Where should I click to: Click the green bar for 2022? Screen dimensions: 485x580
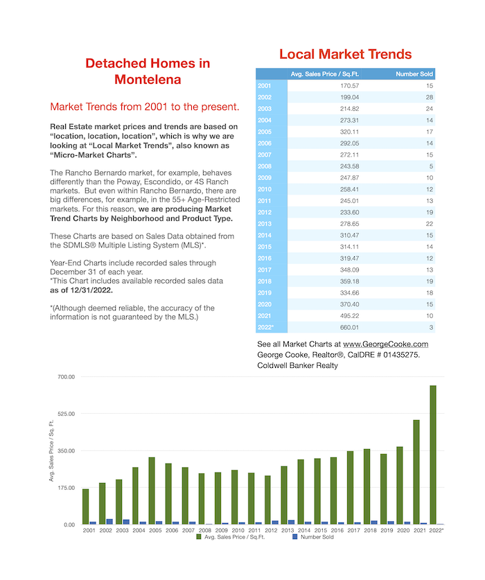[433, 455]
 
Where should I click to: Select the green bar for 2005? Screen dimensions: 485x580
[152, 491]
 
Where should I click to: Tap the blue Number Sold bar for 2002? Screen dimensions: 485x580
[109, 522]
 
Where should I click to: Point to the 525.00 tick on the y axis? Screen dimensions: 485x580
[67, 414]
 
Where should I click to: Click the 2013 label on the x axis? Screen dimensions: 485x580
[288, 530]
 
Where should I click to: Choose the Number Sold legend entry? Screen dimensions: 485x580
[313, 537]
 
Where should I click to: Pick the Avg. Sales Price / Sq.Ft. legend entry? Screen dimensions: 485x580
[231, 537]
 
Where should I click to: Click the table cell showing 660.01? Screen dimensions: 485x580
[350, 327]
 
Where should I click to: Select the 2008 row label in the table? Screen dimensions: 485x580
[265, 166]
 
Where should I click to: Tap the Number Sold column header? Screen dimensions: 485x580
[414, 74]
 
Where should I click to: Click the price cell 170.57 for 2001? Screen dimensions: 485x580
[350, 86]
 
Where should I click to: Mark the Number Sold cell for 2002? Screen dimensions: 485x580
[429, 97]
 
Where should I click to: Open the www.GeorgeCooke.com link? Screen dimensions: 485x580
[385, 344]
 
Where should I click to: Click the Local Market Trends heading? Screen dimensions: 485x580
[345, 54]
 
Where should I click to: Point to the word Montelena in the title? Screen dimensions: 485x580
[148, 80]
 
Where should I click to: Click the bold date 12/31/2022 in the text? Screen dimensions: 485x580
[91, 290]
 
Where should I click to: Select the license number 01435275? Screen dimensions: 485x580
[401, 355]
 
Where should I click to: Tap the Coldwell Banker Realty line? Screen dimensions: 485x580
[297, 365]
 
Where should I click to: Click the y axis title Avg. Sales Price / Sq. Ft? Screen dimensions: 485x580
[51, 450]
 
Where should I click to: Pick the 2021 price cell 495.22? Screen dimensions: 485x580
[350, 316]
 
